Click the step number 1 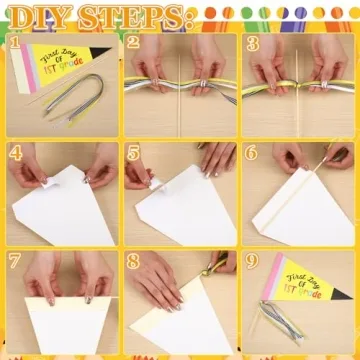[14, 42]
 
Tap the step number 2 [133, 42]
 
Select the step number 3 [253, 44]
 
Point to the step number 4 [16, 153]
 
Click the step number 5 [133, 154]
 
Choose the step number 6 [251, 153]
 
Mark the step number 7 [15, 261]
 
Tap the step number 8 [133, 262]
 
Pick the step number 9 [252, 262]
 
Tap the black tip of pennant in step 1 [99, 51]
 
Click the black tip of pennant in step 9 [341, 294]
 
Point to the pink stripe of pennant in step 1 [30, 68]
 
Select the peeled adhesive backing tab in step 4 [49, 182]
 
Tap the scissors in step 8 [217, 264]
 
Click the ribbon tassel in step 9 [281, 319]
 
